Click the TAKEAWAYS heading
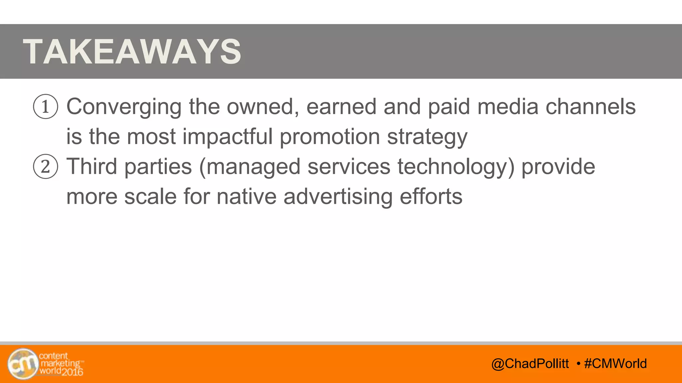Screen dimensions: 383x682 (x=132, y=52)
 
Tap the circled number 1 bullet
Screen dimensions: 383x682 (x=46, y=107)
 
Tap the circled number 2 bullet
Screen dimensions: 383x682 (x=46, y=167)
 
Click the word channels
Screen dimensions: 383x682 (x=590, y=107)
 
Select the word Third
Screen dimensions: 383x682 (x=92, y=166)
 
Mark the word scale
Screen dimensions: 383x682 (x=150, y=196)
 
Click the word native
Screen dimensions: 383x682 (x=246, y=196)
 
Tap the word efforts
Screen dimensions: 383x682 (x=431, y=196)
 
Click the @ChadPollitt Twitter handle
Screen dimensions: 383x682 (x=530, y=364)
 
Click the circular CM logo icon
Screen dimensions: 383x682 (x=23, y=364)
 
